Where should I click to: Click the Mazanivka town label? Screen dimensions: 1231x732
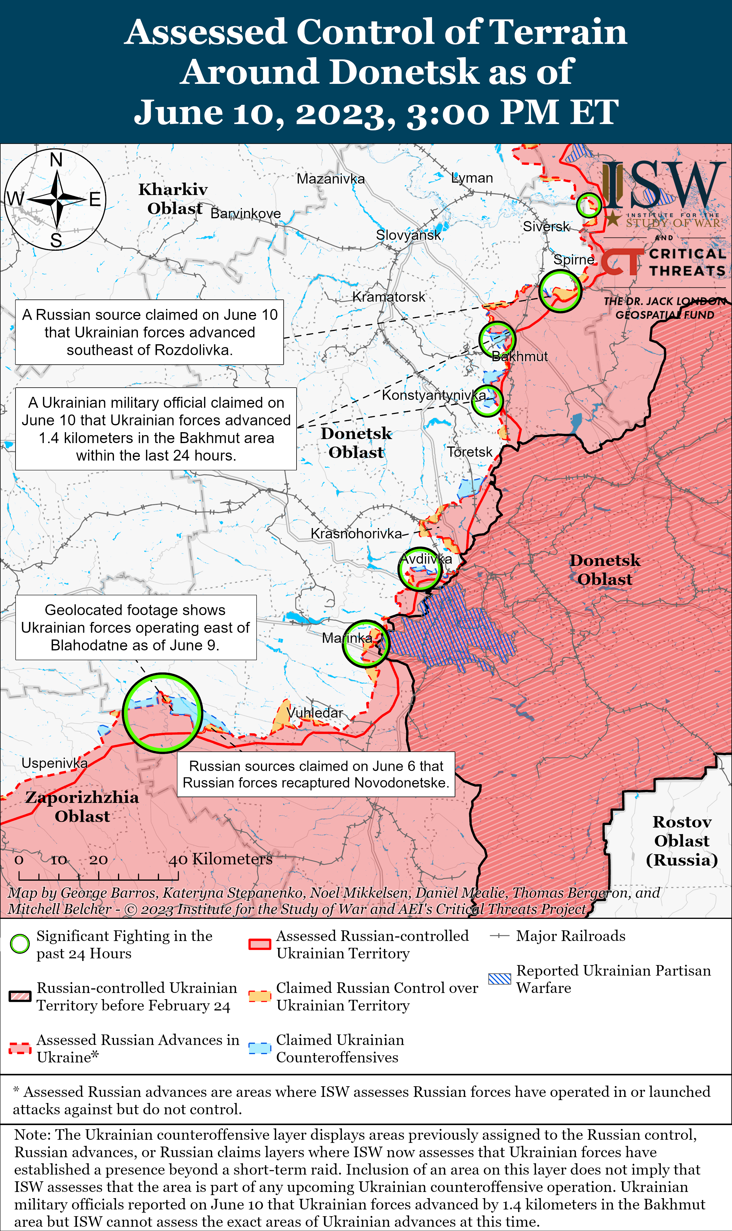(330, 179)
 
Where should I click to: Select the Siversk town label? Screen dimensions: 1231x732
(546, 227)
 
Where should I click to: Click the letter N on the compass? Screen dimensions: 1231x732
(56, 160)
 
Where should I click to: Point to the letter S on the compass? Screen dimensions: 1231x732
(56, 240)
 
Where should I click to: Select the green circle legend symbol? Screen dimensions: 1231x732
(20, 944)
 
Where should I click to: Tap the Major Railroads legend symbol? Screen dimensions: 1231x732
(499, 936)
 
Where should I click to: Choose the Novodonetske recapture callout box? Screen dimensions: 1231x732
(316, 774)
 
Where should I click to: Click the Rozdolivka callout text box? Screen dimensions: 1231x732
(150, 332)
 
